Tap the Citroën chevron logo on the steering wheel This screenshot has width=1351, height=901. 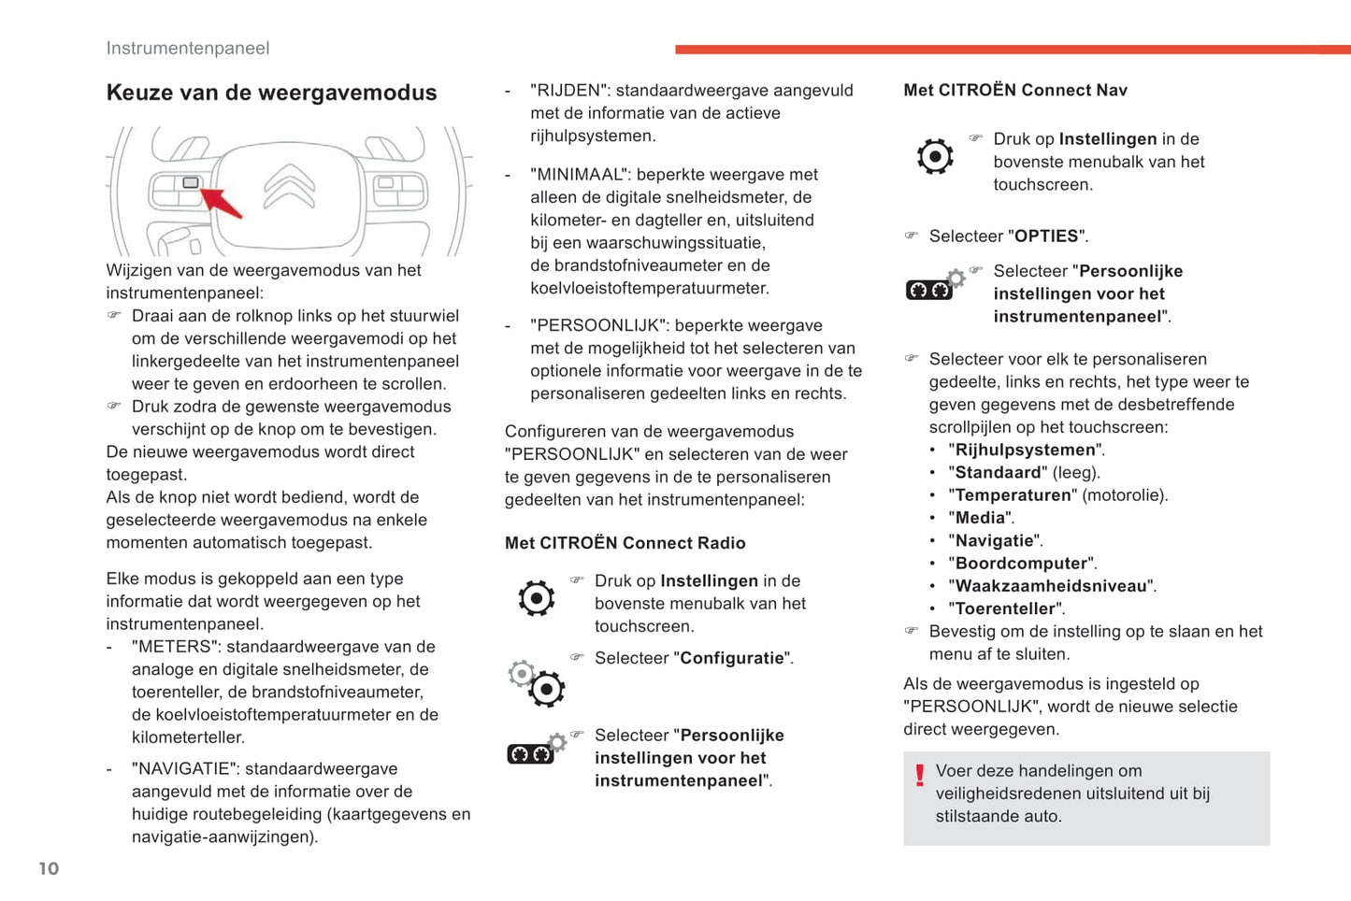[289, 186]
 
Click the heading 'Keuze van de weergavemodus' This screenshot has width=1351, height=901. [271, 93]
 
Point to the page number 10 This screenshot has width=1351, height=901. [49, 868]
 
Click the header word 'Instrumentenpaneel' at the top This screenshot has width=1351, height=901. [188, 49]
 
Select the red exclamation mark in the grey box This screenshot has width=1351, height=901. [920, 775]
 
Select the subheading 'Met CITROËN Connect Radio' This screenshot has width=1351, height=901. [625, 543]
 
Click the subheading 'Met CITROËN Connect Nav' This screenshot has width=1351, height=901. [1015, 91]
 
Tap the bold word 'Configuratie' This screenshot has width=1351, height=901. [732, 658]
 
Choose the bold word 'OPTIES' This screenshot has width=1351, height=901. [1046, 236]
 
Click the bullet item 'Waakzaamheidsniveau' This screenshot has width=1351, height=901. [1051, 586]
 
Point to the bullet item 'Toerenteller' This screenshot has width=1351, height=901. [1006, 608]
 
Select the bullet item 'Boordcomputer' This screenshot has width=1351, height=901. [1022, 564]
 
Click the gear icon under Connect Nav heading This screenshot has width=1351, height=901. [935, 156]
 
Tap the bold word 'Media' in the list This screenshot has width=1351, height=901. [980, 518]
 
